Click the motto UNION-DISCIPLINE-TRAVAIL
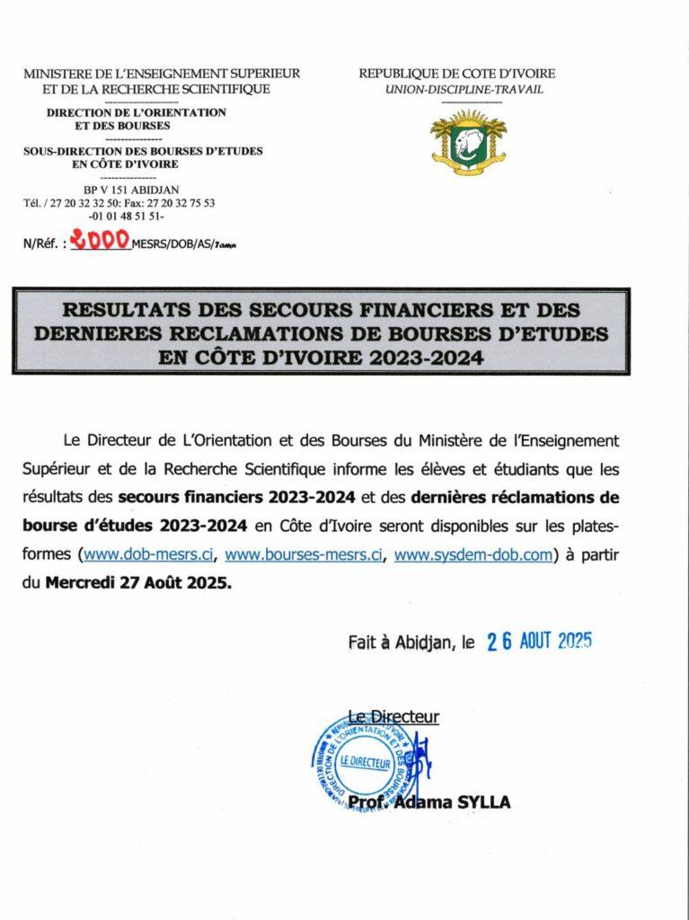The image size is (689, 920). tap(464, 90)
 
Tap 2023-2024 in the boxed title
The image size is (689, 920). tap(428, 358)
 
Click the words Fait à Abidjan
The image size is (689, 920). tap(401, 643)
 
